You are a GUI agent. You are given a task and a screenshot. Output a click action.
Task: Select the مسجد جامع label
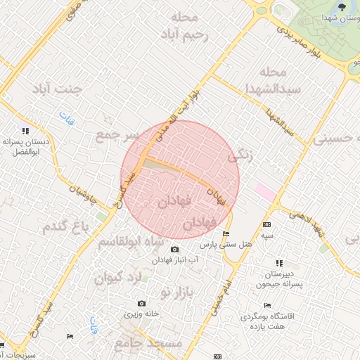[148, 343]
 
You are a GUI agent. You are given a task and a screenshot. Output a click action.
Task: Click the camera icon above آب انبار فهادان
[174, 250]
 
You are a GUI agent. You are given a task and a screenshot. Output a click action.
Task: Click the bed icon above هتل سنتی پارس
[225, 233]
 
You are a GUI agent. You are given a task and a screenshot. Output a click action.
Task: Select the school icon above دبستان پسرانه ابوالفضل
[26, 130]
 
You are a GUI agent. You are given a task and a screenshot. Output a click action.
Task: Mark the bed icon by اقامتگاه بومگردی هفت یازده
[266, 305]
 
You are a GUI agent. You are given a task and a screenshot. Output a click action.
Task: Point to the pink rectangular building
[265, 191]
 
